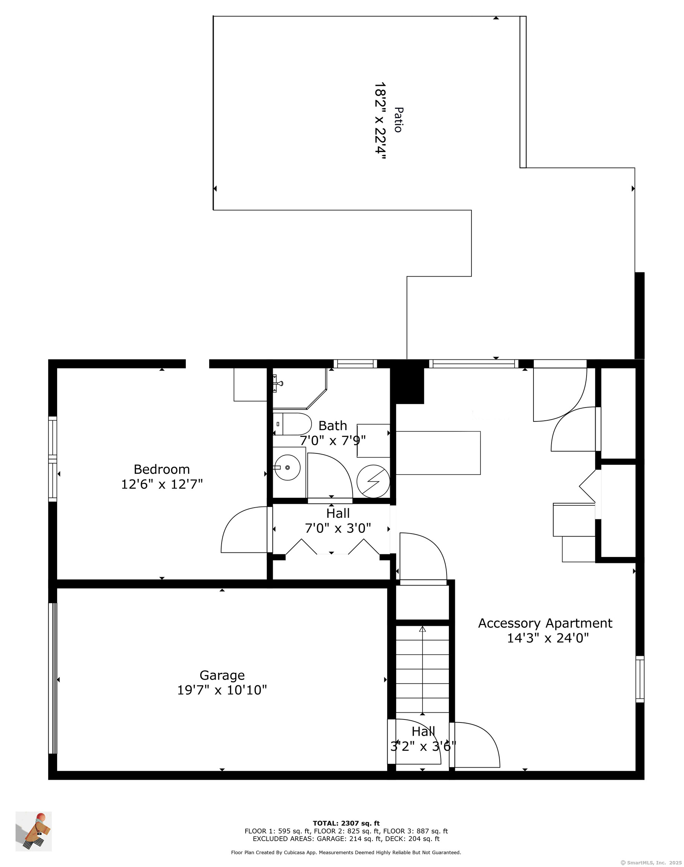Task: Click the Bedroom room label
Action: tap(162, 469)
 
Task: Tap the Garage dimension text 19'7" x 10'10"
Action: tap(222, 690)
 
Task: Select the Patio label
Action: tap(398, 119)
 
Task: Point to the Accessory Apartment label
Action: tap(545, 624)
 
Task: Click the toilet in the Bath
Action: tap(292, 424)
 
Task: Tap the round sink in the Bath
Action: tap(287, 467)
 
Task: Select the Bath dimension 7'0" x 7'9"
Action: tap(333, 441)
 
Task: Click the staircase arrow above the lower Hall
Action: tap(423, 671)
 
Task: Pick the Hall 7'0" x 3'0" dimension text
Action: tap(338, 528)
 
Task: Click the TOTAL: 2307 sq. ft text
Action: tap(346, 820)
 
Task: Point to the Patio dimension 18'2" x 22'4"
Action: tap(380, 121)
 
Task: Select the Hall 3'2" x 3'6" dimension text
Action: tap(423, 747)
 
